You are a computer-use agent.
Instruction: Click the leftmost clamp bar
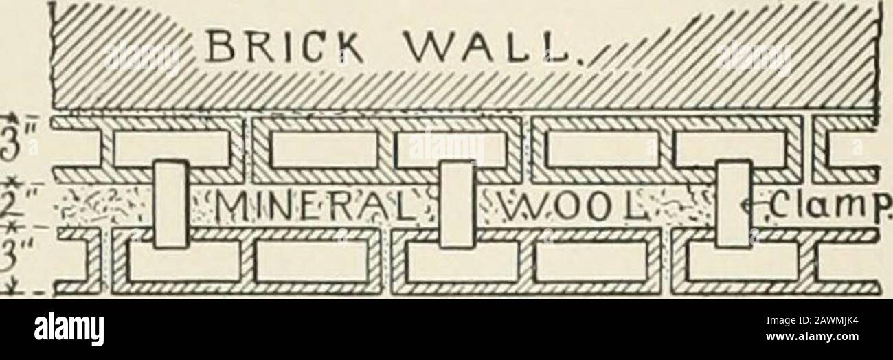coord(171,203)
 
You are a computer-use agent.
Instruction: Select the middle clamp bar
coord(457,203)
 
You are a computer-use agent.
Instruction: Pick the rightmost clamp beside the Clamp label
coord(732,203)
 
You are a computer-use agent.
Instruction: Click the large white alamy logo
coord(68,330)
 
